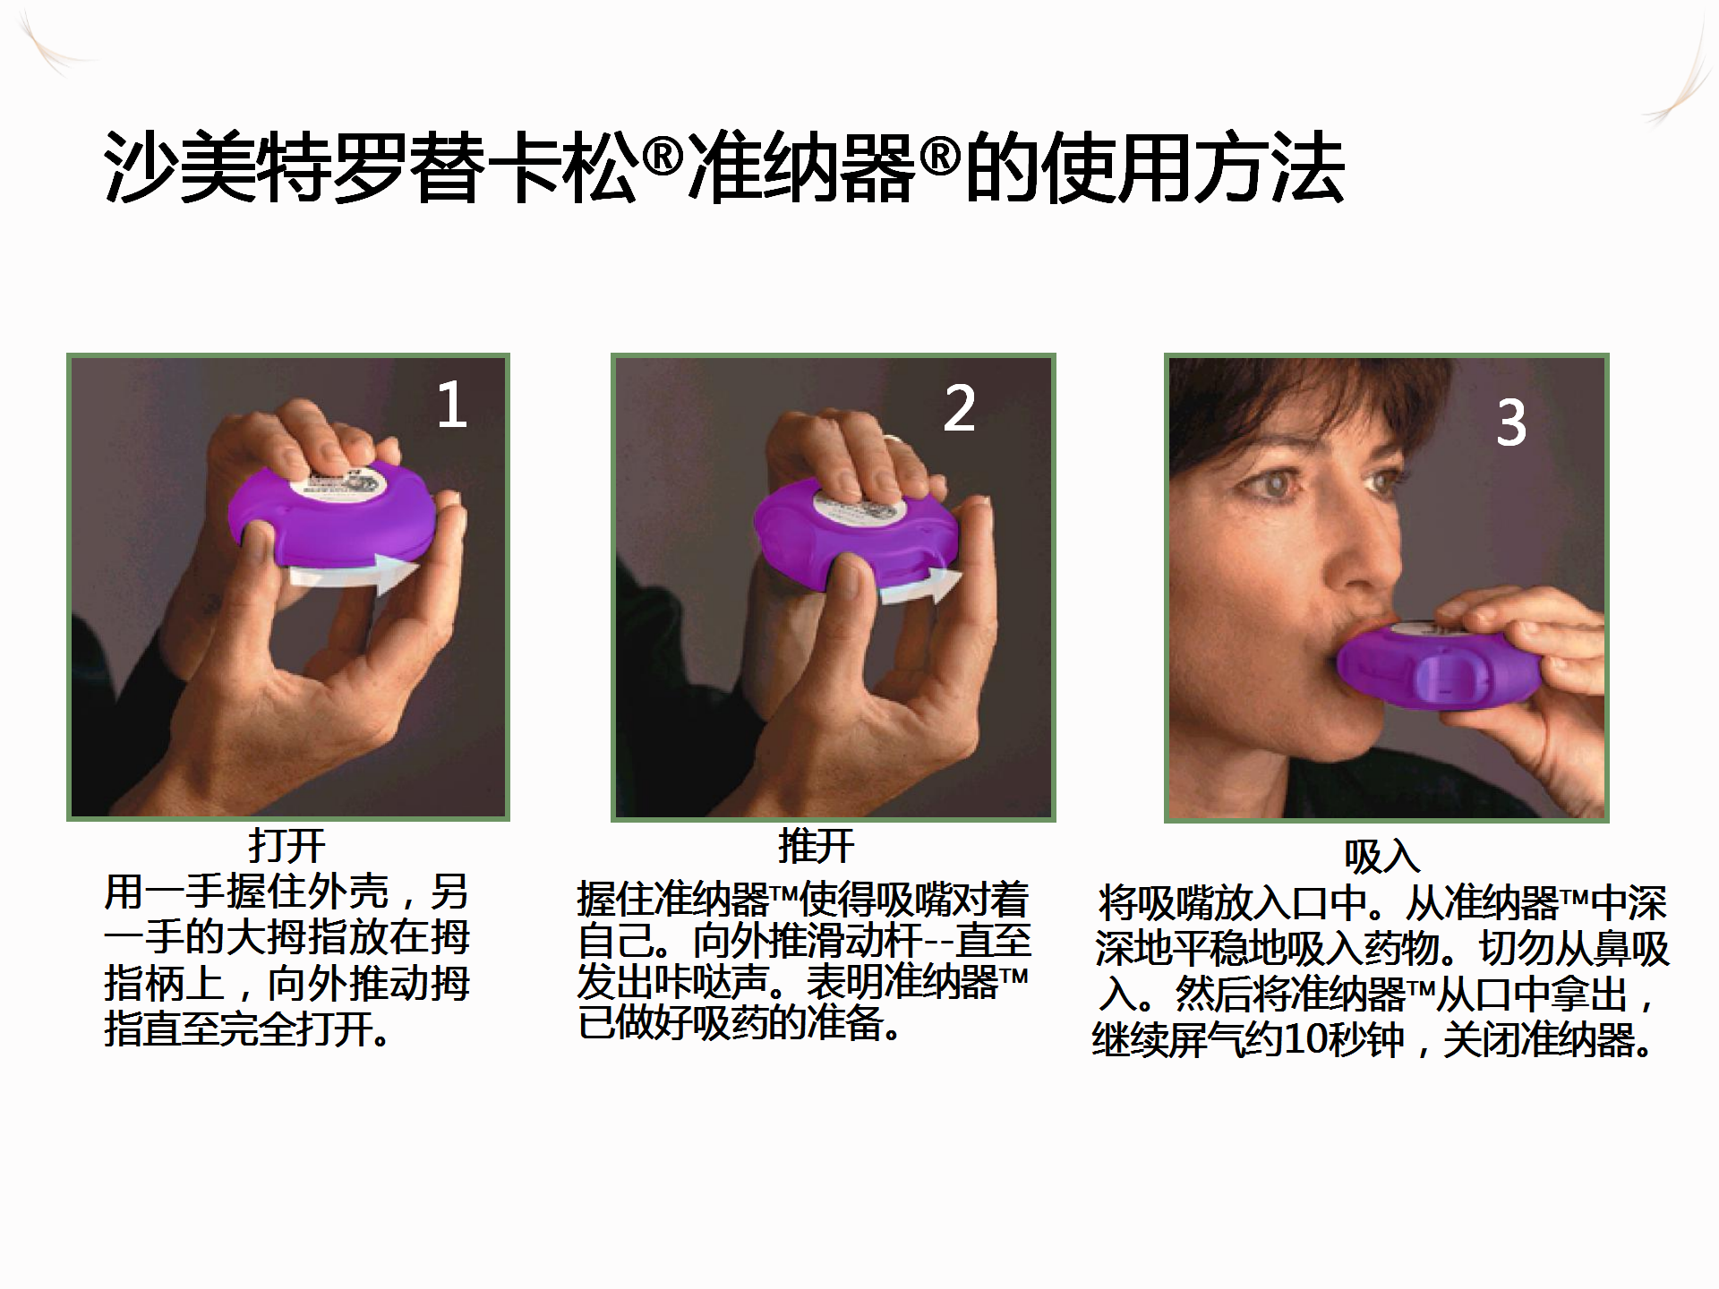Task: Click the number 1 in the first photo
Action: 452,405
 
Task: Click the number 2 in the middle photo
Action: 959,408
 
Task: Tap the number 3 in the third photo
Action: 1511,423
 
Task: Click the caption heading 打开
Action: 286,845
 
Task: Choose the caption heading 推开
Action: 816,845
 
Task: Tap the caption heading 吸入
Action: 1381,857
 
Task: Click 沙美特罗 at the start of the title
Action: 256,168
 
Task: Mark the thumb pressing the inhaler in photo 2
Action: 846,586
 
